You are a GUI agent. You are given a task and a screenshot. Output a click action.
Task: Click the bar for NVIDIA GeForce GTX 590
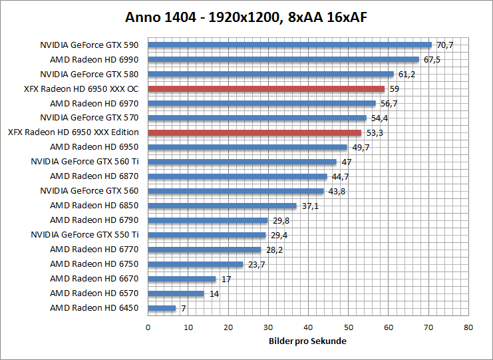point(289,45)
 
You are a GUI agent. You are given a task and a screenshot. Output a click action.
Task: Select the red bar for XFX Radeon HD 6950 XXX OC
point(266,89)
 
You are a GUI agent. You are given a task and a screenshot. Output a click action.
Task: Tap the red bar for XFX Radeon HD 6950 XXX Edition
point(254,132)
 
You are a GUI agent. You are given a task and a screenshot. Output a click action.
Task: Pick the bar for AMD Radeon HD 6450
point(162,308)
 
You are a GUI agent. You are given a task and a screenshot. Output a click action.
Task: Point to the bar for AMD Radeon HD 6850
point(222,206)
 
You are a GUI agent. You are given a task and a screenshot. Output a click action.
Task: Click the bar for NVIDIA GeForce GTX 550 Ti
point(206,235)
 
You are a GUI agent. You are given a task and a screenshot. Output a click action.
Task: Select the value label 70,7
point(444,45)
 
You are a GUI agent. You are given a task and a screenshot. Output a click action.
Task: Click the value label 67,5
point(432,60)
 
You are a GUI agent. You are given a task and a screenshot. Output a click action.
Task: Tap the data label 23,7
point(256,264)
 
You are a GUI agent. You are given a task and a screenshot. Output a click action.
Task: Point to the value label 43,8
point(337,191)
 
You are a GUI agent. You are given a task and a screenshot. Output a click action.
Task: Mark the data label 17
point(226,279)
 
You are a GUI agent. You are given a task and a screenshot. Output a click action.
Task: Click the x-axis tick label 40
point(308,327)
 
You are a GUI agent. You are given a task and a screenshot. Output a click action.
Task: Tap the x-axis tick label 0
point(148,327)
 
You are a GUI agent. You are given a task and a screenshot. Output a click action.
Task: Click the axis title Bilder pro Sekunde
point(308,341)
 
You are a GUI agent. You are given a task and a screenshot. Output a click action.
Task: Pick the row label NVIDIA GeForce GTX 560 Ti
point(84,162)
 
